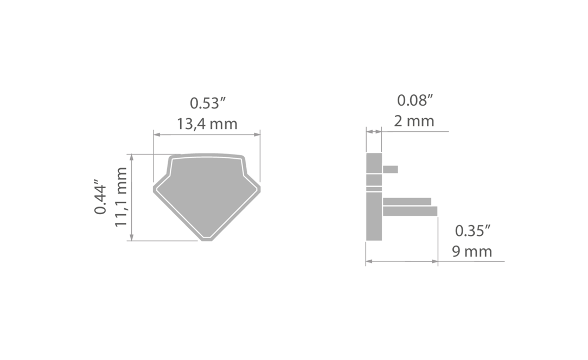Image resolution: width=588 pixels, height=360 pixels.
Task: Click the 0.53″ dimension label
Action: (207, 103)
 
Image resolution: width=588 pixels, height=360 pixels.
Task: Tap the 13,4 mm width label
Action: (207, 124)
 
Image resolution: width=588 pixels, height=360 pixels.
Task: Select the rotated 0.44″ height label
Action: (100, 199)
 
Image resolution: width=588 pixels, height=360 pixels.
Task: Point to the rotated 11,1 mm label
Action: (121, 197)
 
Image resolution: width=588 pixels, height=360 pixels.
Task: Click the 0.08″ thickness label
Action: (415, 100)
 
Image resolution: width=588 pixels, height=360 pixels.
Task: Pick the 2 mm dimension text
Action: (414, 121)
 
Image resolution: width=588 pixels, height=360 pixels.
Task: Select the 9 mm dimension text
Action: (472, 251)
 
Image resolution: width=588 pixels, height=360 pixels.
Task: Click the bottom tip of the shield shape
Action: (207, 240)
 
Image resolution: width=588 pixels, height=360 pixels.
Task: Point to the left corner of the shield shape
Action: (154, 189)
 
